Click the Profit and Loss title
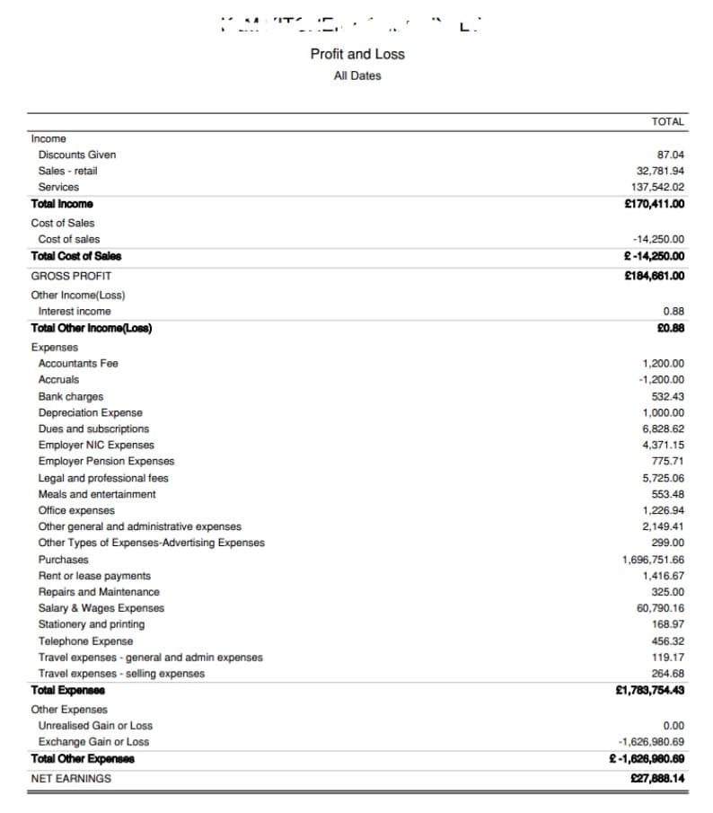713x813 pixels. tap(357, 54)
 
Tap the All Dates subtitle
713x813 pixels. tap(357, 75)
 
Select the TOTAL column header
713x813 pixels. tap(667, 121)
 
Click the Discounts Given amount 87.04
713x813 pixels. tap(671, 155)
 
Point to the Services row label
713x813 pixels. tap(58, 187)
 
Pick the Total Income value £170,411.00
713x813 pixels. tap(654, 204)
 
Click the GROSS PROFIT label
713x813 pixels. tap(71, 276)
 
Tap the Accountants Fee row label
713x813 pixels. tap(78, 363)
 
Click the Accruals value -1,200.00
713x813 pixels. tap(661, 379)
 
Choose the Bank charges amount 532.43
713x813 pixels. tap(667, 396)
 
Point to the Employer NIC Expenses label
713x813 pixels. tap(96, 445)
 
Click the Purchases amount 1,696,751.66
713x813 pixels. tap(653, 560)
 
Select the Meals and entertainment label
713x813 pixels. tap(97, 494)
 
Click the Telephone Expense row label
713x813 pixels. tap(85, 641)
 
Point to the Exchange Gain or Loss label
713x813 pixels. tap(93, 741)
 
